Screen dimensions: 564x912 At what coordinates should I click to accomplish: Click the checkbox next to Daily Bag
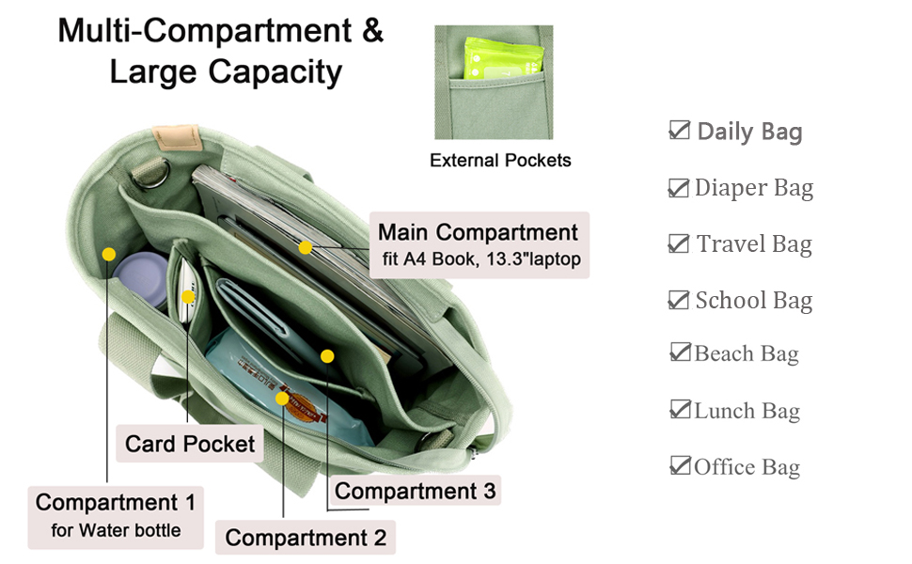[679, 131]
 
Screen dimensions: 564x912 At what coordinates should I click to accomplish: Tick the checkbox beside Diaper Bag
[678, 188]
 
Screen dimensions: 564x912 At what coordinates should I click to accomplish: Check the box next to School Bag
[678, 300]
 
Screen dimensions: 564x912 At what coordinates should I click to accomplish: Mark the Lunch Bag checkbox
[680, 410]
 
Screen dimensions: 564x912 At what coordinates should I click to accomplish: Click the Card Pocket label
[190, 443]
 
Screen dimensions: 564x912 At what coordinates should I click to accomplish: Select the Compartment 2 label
[306, 538]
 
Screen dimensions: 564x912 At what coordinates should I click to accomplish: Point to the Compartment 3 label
[415, 491]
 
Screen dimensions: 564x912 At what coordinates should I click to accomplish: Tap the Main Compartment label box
[478, 243]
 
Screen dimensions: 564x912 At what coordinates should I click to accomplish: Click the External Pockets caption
[500, 161]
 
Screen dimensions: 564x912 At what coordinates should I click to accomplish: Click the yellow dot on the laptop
[306, 247]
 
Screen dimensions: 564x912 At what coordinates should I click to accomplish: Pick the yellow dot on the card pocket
[188, 297]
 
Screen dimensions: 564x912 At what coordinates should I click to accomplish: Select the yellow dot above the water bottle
[109, 254]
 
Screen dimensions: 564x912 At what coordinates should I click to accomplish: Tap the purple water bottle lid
[141, 275]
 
